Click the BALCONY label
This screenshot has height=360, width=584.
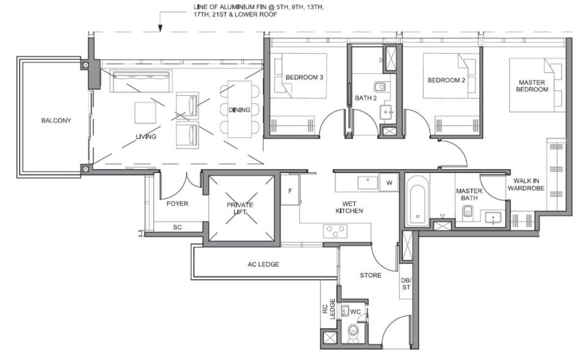[56, 120]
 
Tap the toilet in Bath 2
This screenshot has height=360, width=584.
[380, 87]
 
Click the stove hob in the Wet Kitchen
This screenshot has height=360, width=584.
[335, 231]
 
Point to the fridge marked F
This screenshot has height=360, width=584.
[290, 191]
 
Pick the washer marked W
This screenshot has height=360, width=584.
[389, 183]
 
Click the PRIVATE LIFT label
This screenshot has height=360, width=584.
[240, 208]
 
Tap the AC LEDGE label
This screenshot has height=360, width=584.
[264, 264]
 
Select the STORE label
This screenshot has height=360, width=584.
[371, 276]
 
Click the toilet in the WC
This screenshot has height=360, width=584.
[353, 333]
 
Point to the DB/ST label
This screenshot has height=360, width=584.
[406, 284]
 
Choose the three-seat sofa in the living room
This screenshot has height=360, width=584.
[141, 81]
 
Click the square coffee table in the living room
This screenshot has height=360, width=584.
[146, 112]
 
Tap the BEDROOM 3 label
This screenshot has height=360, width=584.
[305, 78]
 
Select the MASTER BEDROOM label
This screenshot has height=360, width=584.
[532, 86]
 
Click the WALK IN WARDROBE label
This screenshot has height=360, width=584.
[526, 185]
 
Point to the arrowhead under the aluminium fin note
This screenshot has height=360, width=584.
[160, 28]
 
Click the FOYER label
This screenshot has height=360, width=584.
[177, 204]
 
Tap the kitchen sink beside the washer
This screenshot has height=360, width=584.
[368, 183]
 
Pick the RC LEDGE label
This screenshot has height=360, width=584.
[328, 309]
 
